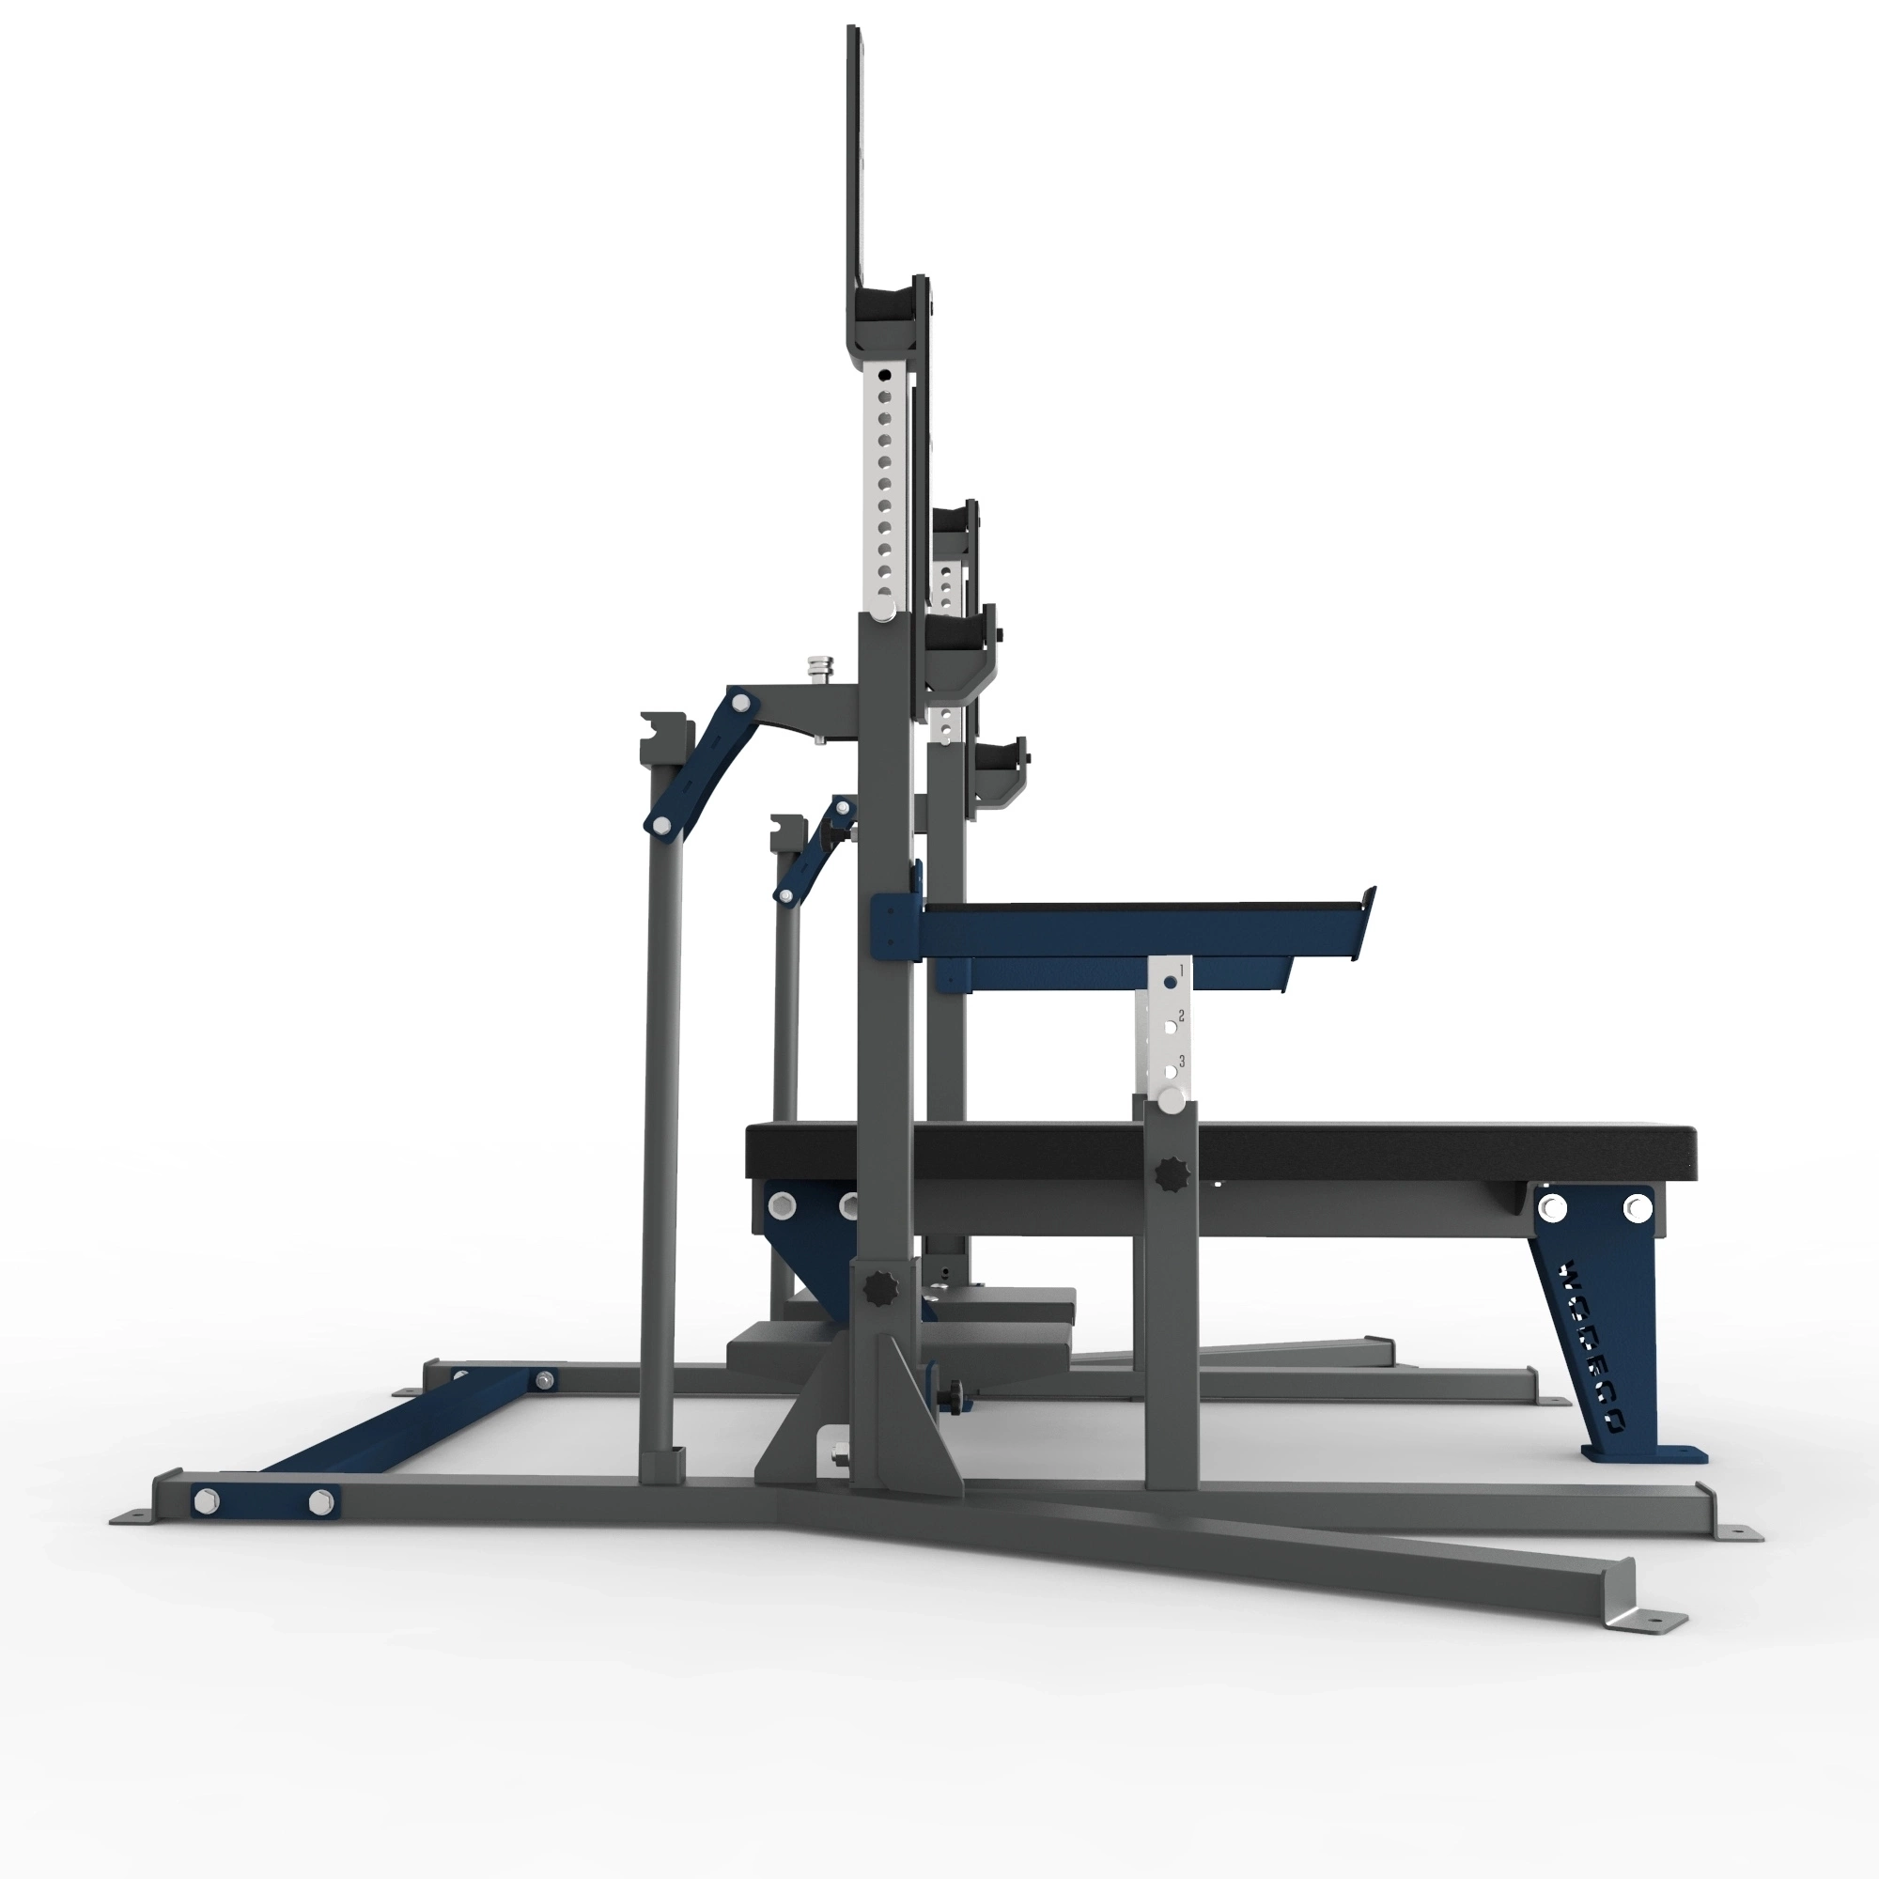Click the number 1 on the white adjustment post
pyautogui.click(x=1182, y=970)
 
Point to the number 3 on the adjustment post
pyautogui.click(x=1183, y=1061)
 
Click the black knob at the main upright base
pyautogui.click(x=882, y=1290)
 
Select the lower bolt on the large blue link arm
pyautogui.click(x=661, y=825)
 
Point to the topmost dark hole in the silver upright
pyautogui.click(x=884, y=376)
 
